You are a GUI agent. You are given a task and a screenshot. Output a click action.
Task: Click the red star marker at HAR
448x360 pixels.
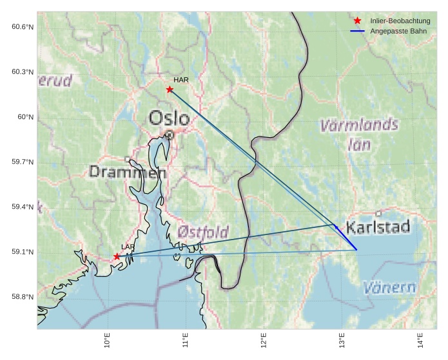point(170,90)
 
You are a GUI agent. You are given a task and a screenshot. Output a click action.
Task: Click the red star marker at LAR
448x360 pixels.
point(117,256)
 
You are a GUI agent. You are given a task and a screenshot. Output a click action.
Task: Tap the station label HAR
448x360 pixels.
point(180,80)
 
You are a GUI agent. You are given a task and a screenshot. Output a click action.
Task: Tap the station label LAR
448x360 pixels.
point(128,247)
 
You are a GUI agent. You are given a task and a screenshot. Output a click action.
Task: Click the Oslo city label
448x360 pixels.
point(169,118)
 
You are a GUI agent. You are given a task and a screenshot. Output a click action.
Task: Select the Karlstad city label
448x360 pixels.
point(378,227)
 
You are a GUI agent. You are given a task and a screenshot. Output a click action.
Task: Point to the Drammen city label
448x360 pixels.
point(123,172)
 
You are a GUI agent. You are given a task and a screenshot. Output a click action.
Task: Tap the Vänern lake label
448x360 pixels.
point(389,287)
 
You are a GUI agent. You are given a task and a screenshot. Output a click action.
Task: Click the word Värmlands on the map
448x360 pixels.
point(359,125)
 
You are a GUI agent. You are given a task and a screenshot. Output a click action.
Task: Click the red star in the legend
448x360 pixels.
point(358,21)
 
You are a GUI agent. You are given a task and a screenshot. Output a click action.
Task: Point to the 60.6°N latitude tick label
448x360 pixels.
point(22,26)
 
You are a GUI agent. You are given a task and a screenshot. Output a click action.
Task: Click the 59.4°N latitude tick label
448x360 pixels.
point(22,207)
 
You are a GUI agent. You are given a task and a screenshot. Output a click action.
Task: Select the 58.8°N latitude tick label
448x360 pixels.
point(22,297)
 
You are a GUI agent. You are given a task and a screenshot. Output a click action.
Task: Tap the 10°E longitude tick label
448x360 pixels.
point(107,340)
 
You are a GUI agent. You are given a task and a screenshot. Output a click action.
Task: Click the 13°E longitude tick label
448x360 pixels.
point(342,340)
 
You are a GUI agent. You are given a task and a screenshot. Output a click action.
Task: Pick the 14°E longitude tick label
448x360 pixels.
point(420,340)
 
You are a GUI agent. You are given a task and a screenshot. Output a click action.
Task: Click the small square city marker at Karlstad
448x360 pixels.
point(378,213)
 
